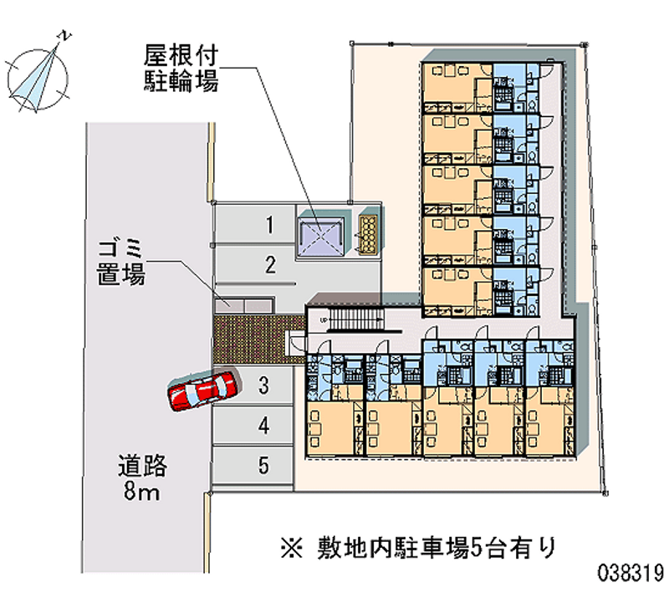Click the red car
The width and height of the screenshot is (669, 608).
point(202,391)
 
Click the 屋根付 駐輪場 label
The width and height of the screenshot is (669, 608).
point(181,69)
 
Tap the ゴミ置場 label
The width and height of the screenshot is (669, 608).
point(121,260)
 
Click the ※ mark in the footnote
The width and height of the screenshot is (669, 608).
point(292,549)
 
